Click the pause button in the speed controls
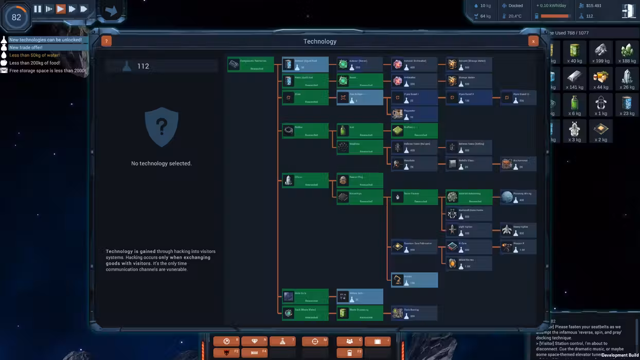tap(38, 9)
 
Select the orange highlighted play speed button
tap(61, 9)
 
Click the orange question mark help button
tap(106, 41)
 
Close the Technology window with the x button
tap(533, 41)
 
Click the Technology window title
tap(319, 41)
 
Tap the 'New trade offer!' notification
tap(26, 47)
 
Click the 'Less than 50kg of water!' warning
tap(34, 55)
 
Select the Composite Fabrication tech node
tap(251, 64)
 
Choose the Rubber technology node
tap(305, 131)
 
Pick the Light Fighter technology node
tap(469, 230)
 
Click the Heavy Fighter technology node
tap(518, 230)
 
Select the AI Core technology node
tap(469, 246)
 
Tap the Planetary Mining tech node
tap(518, 197)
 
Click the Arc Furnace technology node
tap(518, 164)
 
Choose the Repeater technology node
tap(414, 114)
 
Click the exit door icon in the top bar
tap(628, 11)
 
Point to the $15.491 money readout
tap(593, 6)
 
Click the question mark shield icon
tap(162, 127)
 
